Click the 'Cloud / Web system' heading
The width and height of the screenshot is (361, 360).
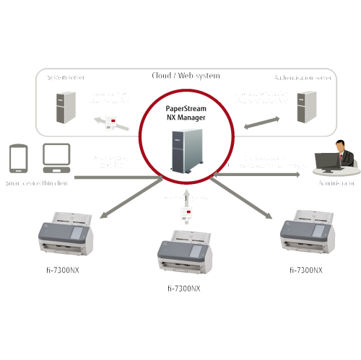(x=186, y=75)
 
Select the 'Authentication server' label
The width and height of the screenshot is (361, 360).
(x=303, y=77)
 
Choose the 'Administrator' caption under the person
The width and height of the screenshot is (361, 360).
(x=333, y=183)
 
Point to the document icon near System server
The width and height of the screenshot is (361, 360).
(x=110, y=120)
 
